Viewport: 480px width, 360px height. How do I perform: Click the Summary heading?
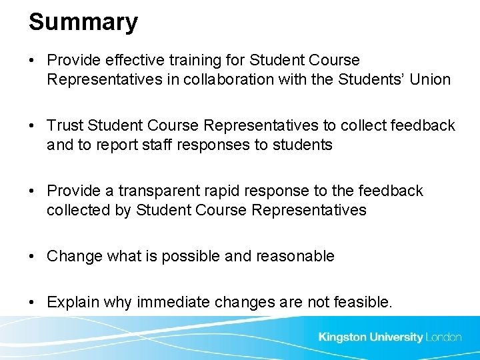[x=83, y=22]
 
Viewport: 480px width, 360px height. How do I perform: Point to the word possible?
[x=191, y=256]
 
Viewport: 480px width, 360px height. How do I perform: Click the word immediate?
[x=173, y=302]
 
